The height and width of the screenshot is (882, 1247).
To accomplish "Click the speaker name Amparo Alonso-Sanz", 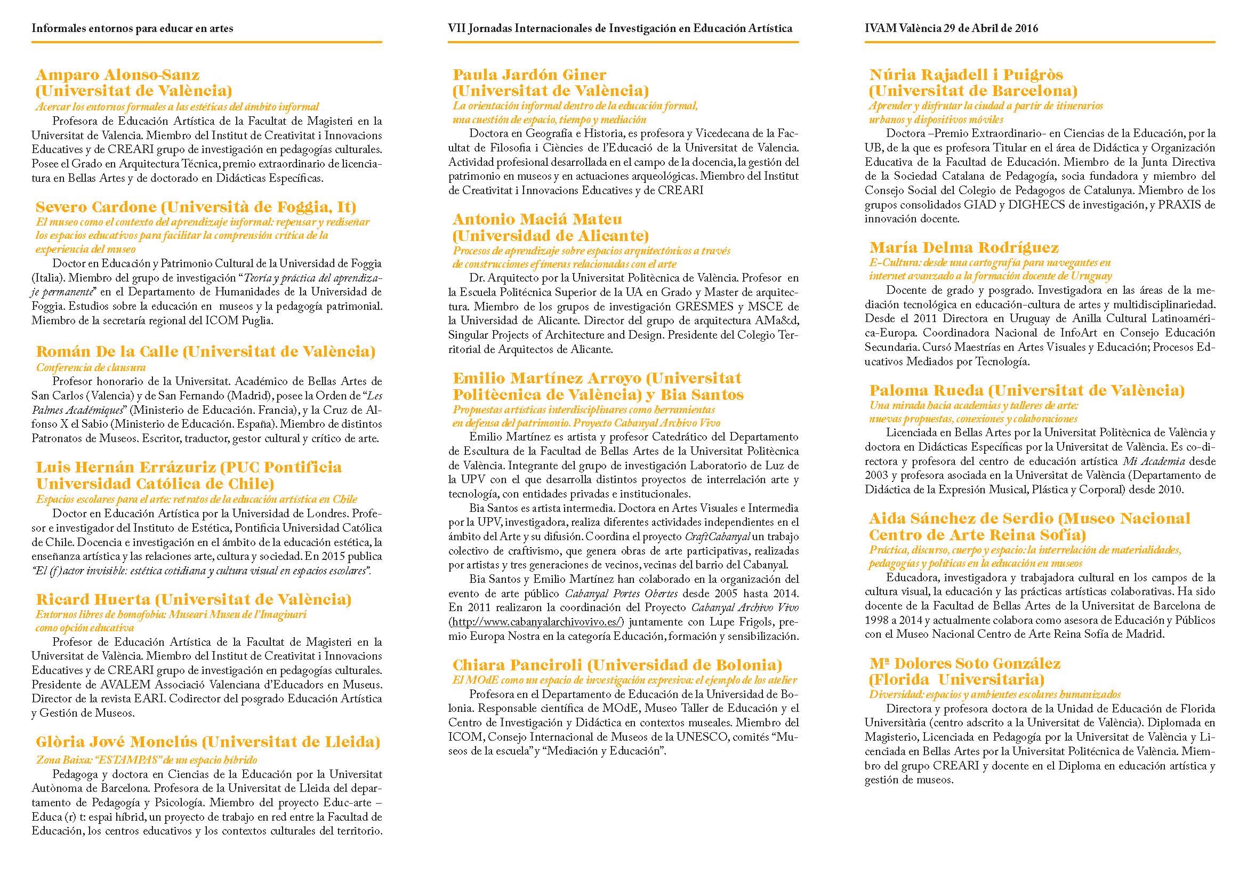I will [x=117, y=75].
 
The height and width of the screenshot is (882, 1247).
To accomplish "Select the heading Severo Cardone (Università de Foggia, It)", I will [x=196, y=207].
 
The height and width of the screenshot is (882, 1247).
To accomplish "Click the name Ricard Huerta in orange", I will [x=94, y=599].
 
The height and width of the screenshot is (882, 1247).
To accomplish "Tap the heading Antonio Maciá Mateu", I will [x=537, y=219].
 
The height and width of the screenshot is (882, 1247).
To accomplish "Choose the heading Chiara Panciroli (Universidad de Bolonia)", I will [x=617, y=665].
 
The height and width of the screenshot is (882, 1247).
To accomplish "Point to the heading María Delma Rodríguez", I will [x=963, y=248].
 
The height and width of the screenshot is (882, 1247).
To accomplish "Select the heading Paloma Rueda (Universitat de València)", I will [x=1026, y=390].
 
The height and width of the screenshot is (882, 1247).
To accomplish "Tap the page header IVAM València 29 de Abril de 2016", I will [x=951, y=28].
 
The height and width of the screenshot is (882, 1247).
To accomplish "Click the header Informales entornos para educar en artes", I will [x=133, y=28].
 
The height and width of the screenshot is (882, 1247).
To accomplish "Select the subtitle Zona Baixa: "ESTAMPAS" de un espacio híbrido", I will [x=147, y=760].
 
